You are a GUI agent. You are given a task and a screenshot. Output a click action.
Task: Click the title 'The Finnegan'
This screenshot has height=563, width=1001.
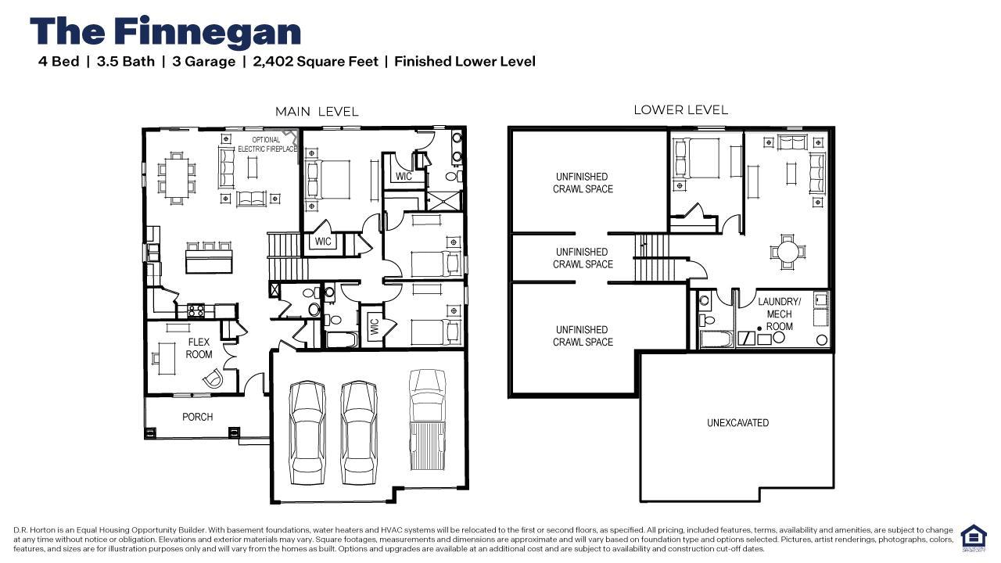click(x=165, y=32)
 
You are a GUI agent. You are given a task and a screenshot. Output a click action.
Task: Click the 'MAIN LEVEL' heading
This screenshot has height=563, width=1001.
click(x=317, y=112)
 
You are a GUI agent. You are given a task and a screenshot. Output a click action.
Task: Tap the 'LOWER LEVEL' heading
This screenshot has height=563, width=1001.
click(x=680, y=110)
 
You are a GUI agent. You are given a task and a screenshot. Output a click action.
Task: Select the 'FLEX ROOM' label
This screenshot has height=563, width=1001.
click(x=199, y=348)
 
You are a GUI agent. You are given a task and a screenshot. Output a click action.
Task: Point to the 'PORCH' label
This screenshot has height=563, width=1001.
click(x=198, y=417)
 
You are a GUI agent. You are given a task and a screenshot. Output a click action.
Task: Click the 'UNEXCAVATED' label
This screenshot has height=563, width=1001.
click(x=737, y=423)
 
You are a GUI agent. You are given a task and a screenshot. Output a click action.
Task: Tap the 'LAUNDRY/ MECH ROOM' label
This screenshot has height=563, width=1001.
click(x=780, y=314)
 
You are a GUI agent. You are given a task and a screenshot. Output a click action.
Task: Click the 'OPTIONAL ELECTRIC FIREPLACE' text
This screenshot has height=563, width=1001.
click(x=267, y=145)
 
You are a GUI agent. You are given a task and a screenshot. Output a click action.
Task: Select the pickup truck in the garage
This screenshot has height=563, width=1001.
click(x=428, y=420)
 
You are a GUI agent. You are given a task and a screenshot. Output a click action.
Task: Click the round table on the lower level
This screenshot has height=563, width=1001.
click(x=788, y=252)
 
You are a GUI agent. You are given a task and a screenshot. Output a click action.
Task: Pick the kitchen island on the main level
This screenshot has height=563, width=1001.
click(x=209, y=262)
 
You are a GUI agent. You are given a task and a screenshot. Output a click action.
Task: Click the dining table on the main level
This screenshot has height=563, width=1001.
click(x=177, y=178)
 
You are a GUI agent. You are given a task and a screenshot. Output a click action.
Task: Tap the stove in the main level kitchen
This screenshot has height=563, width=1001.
click(x=196, y=310)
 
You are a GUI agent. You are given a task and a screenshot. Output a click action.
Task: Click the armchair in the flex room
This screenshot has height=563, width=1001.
click(x=213, y=378)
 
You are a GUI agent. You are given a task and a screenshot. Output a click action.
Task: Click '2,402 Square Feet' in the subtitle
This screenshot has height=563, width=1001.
click(x=315, y=61)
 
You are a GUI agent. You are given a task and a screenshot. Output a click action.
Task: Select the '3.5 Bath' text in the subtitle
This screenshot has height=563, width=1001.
click(x=126, y=61)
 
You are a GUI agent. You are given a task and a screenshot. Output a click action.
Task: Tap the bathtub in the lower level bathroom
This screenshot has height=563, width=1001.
click(x=716, y=339)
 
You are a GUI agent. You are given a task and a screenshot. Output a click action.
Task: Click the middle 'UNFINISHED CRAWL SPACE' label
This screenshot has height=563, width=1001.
click(x=583, y=258)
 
